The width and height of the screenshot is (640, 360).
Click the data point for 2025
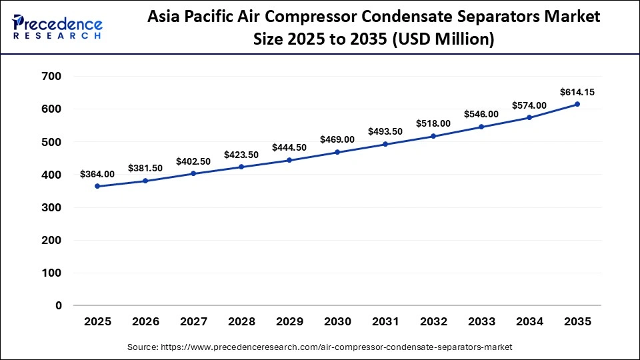(98, 186)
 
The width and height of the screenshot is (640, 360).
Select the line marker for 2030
(337, 152)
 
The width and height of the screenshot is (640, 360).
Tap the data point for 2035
(577, 104)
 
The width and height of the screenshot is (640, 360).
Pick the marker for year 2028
(241, 167)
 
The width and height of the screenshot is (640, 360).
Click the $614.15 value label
(577, 91)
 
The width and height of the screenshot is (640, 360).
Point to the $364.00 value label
(97, 174)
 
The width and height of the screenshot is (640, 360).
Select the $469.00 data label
(337, 139)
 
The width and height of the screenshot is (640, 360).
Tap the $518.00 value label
(433, 123)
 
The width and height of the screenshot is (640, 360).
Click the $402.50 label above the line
(193, 161)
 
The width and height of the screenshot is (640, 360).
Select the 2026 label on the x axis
(146, 321)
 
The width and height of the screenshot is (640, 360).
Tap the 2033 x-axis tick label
(481, 321)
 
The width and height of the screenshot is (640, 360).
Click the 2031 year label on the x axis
(385, 321)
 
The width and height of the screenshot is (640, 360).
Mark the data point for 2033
(481, 127)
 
